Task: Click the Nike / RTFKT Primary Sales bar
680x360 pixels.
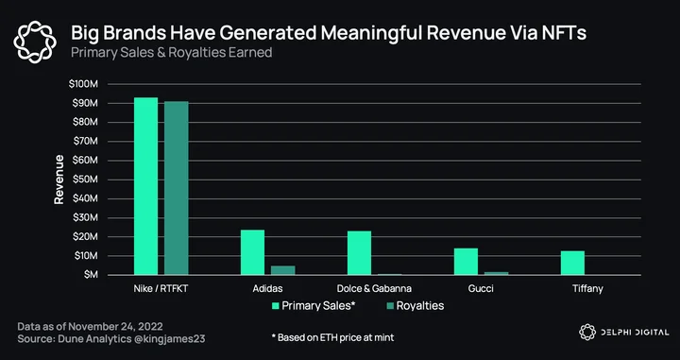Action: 145,186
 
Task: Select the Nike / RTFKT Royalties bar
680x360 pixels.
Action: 176,188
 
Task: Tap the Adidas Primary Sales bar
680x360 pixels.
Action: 252,252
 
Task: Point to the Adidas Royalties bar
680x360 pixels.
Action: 282,270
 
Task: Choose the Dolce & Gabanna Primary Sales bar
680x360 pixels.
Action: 359,253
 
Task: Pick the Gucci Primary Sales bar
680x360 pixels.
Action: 466,262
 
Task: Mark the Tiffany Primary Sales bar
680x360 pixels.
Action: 572,263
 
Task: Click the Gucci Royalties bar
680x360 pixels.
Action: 496,273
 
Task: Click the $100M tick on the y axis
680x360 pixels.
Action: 83,84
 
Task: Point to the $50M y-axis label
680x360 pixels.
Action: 85,180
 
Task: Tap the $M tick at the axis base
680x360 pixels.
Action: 91,275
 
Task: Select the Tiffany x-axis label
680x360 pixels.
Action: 587,289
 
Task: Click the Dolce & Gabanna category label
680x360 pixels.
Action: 374,288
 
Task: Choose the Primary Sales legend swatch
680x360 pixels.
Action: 275,306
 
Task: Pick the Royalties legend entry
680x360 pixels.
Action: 415,306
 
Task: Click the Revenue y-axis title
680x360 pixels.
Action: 59,180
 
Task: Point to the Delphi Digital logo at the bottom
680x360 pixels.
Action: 624,333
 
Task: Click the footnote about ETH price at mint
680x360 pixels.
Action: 332,337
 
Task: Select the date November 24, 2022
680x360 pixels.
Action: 115,327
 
